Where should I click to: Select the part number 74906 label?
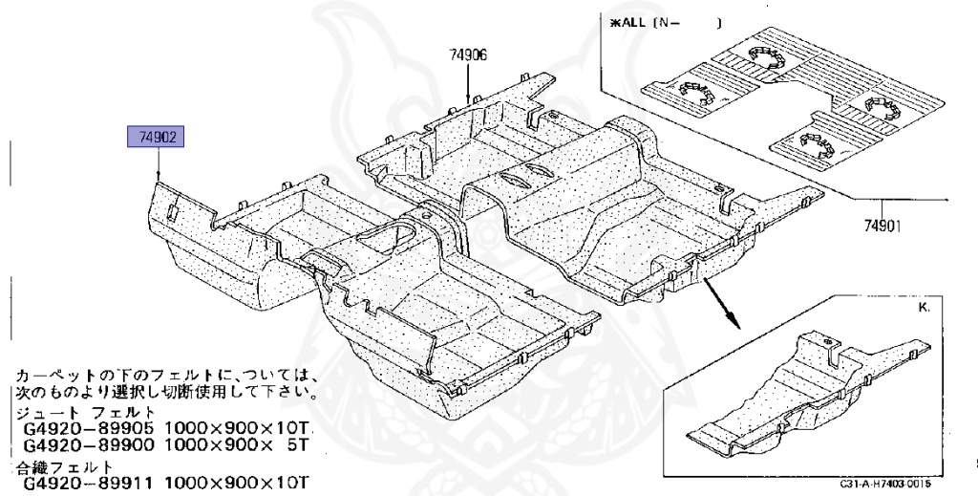point(468,55)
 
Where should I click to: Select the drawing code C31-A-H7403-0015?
point(886,485)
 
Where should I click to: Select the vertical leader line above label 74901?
point(882,205)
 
